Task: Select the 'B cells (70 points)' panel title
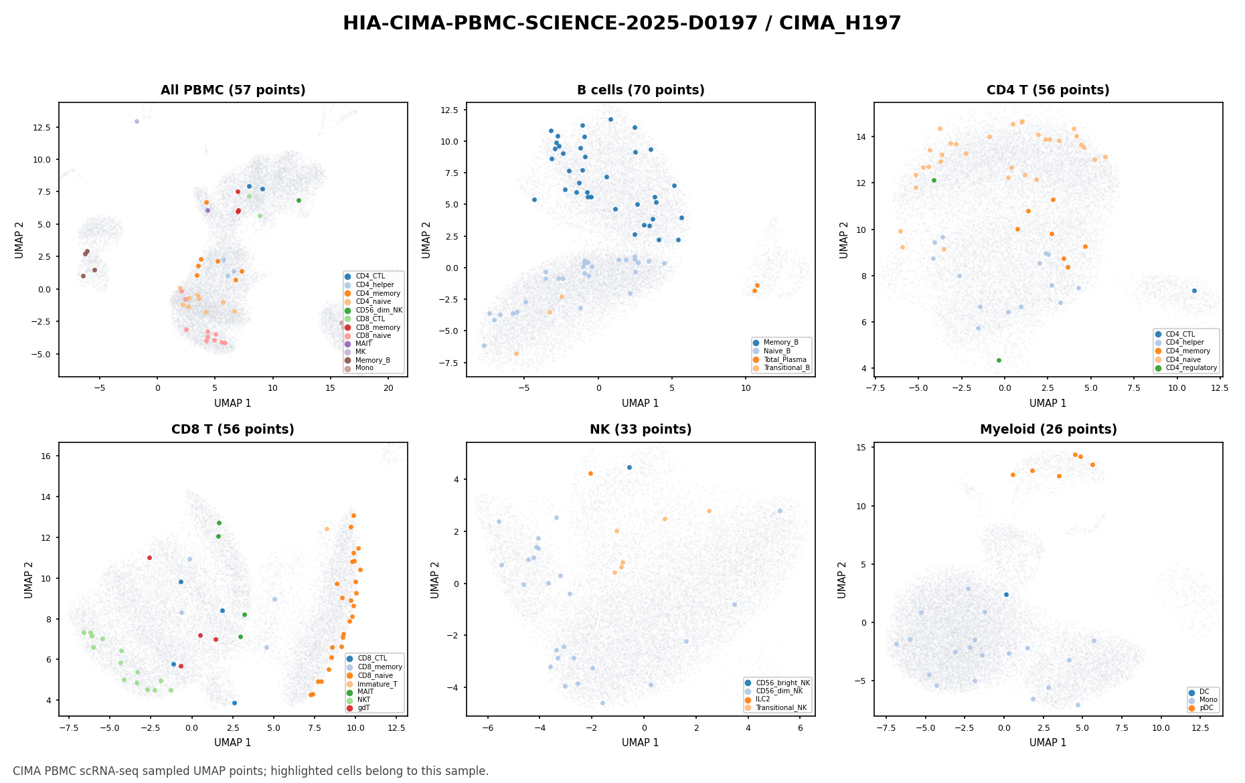pyautogui.click(x=641, y=90)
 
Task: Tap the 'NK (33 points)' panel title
pyautogui.click(x=641, y=430)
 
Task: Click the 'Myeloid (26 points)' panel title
pyautogui.click(x=1048, y=430)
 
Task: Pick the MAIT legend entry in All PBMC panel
pyautogui.click(x=363, y=343)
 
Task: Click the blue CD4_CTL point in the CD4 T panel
pyautogui.click(x=1194, y=290)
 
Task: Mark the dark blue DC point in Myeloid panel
pyautogui.click(x=1006, y=594)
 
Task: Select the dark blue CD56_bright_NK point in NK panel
pyautogui.click(x=629, y=467)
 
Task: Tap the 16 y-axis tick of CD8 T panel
pyautogui.click(x=50, y=456)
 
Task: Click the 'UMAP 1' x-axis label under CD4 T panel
pyautogui.click(x=1048, y=403)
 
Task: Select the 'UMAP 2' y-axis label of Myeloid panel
pyautogui.click(x=843, y=579)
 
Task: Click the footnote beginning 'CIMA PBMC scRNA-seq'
pyautogui.click(x=251, y=771)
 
